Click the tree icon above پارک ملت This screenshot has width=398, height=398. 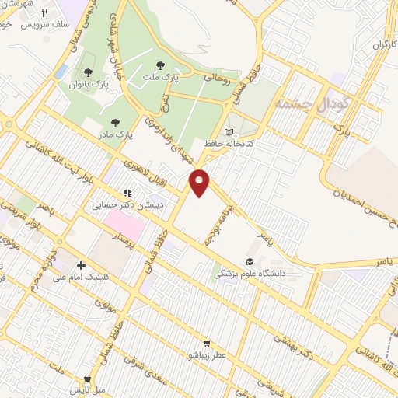pos(161,65)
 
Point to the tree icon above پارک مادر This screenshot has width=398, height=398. pos(116,122)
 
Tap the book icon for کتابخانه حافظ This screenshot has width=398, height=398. pos(228,131)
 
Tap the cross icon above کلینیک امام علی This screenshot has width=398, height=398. pos(81,264)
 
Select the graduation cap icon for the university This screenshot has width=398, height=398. pos(250,261)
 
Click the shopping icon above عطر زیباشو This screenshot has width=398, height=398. pos(207,342)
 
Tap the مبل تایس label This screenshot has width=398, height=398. pos(82,388)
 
